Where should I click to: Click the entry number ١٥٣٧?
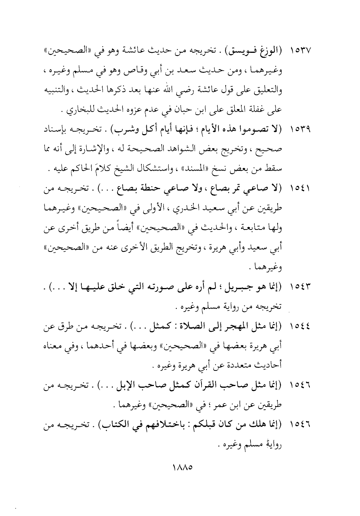tap(300, 50)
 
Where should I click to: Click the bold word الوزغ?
tap(270, 50)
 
